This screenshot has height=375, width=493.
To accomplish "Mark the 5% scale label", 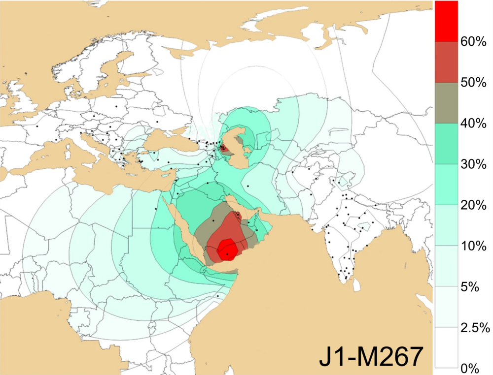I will pyautogui.click(x=469, y=287).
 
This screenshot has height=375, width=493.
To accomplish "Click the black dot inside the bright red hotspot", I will pyautogui.click(x=227, y=253).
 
